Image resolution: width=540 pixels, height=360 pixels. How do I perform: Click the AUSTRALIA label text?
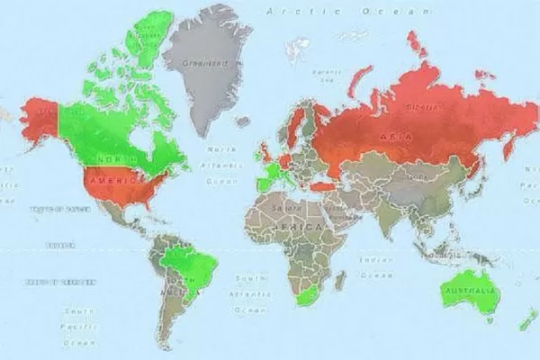coord(470,292)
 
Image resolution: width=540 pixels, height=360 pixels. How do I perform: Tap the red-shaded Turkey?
coord(321,186)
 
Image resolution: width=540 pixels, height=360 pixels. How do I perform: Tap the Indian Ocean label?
coord(378,265)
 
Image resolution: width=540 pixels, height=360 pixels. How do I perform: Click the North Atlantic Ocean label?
coord(220,165)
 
